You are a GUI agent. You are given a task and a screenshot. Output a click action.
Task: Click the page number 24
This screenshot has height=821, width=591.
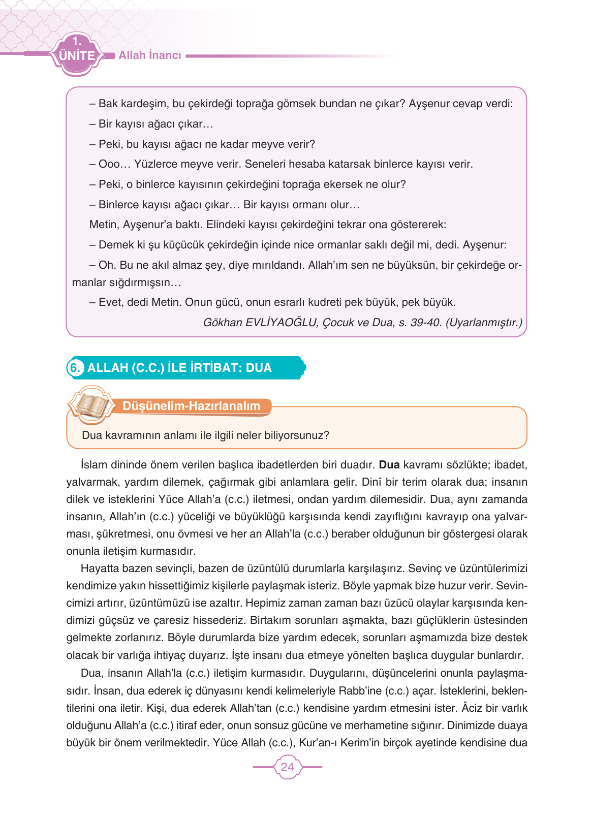coord(287,767)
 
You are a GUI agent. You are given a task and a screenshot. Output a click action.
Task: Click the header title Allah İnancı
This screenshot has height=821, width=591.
coord(150,55)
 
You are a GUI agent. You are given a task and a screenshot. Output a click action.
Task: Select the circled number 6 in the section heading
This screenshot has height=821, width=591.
coord(75,367)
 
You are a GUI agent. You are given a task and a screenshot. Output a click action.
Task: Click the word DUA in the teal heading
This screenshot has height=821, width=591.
coord(259,368)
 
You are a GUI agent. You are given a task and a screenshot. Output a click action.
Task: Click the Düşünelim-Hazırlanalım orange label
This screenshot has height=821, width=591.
coord(192,406)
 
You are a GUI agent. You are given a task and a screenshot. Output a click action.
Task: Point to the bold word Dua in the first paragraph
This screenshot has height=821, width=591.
coord(389,465)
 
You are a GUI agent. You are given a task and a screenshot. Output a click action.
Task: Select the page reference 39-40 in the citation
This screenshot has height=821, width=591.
coord(425,323)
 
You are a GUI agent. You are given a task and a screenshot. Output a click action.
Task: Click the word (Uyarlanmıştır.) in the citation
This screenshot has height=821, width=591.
coord(484,323)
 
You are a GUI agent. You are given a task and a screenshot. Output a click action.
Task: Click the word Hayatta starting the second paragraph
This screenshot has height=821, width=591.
coord(100,569)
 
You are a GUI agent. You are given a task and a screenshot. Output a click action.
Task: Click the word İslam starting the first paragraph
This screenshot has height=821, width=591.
coord(92,465)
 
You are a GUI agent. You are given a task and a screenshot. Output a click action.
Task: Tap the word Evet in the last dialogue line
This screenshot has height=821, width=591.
coord(111,302)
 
